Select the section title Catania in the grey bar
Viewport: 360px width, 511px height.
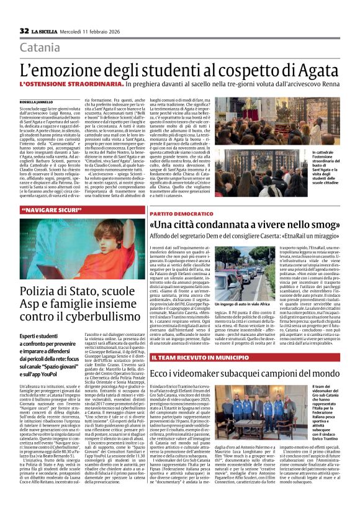tap(40, 47)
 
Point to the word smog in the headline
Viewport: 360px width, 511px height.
tap(321, 224)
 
